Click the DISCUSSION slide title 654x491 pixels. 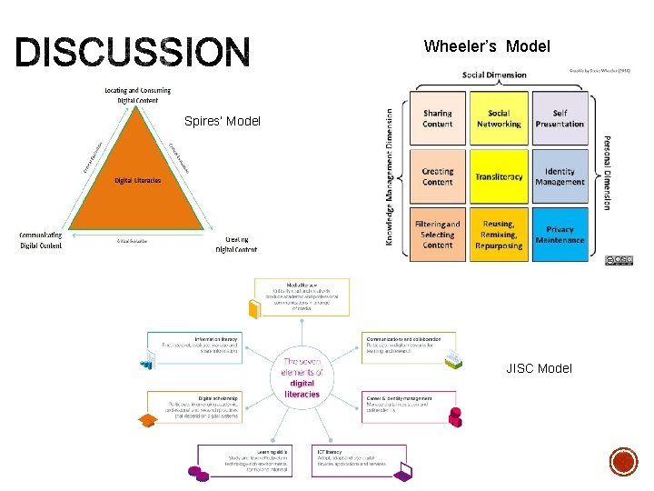132,54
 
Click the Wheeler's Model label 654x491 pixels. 487,46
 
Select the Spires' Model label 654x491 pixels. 222,121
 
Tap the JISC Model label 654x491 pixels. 540,368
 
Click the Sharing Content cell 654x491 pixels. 437,119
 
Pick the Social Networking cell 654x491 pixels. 499,119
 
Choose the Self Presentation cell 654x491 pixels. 560,119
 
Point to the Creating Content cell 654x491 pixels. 437,176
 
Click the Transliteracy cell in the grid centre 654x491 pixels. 499,176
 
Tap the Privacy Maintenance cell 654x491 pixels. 560,235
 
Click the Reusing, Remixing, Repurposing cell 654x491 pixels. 499,235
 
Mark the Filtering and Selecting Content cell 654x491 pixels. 437,235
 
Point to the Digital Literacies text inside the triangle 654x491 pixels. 137,180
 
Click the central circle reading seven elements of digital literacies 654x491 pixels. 302,376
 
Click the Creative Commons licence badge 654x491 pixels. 619,260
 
